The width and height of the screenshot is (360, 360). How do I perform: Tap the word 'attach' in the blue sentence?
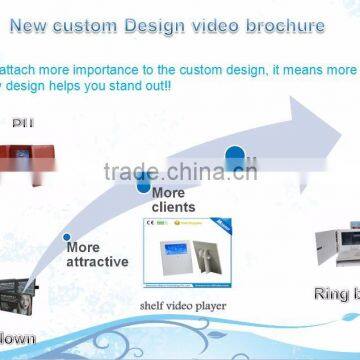pos(19,71)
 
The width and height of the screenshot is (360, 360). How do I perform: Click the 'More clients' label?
pos(173,200)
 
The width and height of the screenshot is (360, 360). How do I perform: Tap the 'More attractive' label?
pos(96,254)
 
